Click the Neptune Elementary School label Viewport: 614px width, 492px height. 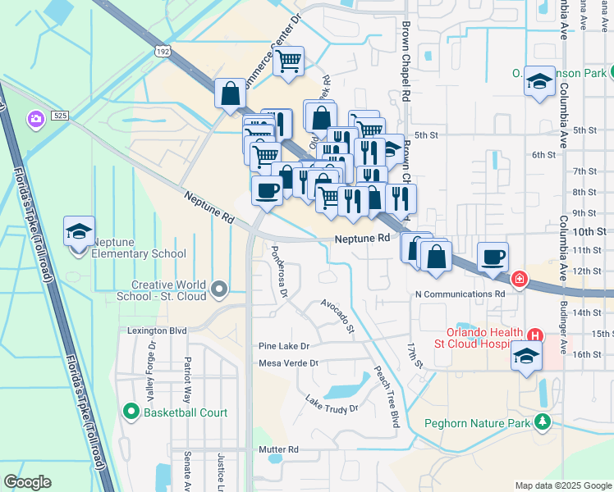coord(139,248)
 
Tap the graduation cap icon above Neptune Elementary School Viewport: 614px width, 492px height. coord(79,232)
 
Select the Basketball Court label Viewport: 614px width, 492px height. coord(185,412)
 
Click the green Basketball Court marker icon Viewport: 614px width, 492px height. coord(131,412)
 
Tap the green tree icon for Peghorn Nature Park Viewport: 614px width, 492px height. coord(542,422)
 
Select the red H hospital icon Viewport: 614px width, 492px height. coord(535,335)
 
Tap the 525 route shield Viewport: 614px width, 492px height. coord(60,116)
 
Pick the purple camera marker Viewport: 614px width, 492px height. coord(35,120)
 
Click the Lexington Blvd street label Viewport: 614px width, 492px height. coord(157,330)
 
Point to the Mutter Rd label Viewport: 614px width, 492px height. coord(278,449)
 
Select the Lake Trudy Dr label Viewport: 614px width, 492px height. coord(332,403)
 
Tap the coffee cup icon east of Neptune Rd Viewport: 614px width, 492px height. coord(493,257)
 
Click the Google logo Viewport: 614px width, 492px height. coord(27,482)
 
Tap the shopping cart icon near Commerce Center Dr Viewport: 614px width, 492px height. coord(288,61)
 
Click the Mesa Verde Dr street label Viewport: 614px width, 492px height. coord(288,362)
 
